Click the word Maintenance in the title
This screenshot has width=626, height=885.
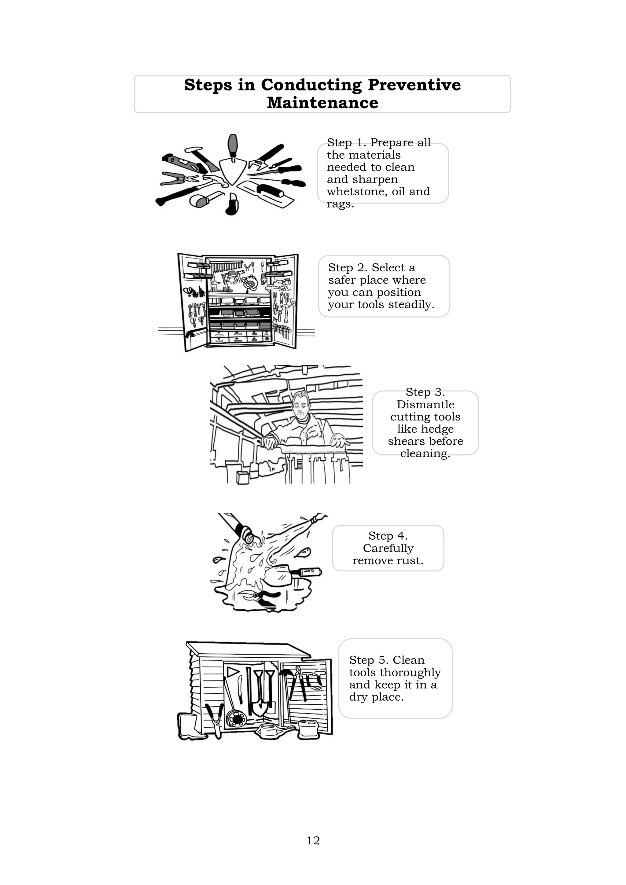pos(323,103)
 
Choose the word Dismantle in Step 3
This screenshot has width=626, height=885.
pos(425,404)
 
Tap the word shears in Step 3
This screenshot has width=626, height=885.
pos(406,441)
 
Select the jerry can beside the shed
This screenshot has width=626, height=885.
pos(309,729)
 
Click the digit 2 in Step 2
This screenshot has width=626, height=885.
pos(360,267)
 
